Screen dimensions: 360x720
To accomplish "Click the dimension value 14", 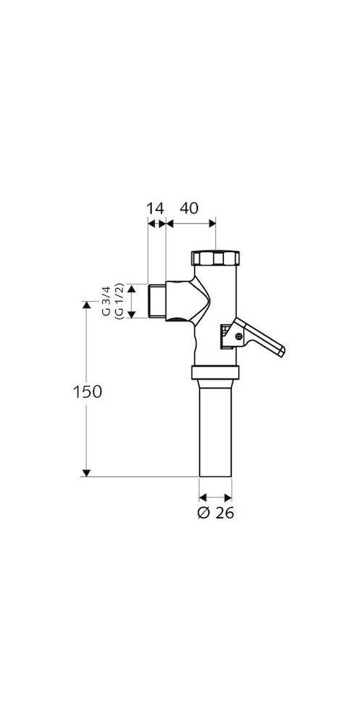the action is (x=156, y=209).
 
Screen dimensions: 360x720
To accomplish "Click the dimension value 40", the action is (x=189, y=209).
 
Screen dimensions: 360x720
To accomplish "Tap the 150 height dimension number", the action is (x=88, y=392).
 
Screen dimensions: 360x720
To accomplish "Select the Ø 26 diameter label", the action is (x=216, y=513).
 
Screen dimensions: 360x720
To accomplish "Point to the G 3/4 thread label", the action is (x=106, y=301).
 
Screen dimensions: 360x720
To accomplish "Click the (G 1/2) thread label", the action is (x=118, y=301).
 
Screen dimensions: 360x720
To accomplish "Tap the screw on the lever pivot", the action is (x=238, y=336).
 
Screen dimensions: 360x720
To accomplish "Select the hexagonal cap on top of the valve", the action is (x=215, y=258).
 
